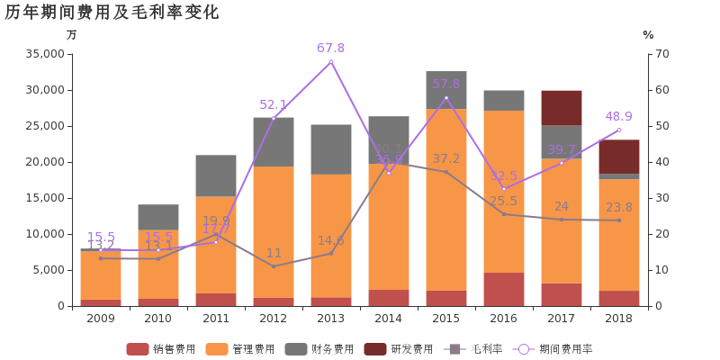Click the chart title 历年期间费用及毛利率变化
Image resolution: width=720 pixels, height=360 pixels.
click(x=112, y=13)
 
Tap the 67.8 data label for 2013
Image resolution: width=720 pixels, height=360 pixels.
click(x=330, y=48)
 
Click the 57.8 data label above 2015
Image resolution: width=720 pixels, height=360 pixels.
click(x=445, y=84)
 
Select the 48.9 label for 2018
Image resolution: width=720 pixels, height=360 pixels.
click(x=618, y=116)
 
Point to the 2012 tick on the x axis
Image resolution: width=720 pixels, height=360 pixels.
click(x=274, y=319)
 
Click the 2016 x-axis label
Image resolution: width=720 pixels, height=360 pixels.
click(x=504, y=319)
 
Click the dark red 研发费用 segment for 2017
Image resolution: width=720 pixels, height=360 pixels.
click(x=562, y=107)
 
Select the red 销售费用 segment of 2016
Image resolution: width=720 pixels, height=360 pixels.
click(x=504, y=289)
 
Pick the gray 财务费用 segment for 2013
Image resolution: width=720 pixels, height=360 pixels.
click(x=331, y=149)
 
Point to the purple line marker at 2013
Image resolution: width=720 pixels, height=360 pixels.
click(x=331, y=62)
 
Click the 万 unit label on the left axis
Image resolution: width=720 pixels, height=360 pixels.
click(x=72, y=35)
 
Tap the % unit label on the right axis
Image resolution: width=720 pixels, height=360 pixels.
click(x=648, y=35)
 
